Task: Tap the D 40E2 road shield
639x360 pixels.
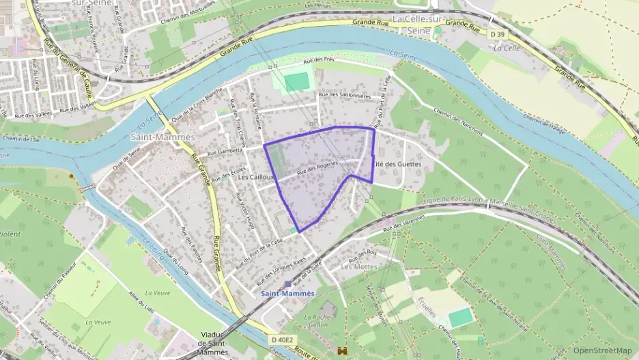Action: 281,340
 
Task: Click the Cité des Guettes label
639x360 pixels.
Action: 397,165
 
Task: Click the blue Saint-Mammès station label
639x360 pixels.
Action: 287,293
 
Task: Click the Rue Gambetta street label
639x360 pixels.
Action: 225,150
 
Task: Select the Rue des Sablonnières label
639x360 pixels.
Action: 345,96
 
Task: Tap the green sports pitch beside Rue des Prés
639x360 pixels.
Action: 296,82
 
